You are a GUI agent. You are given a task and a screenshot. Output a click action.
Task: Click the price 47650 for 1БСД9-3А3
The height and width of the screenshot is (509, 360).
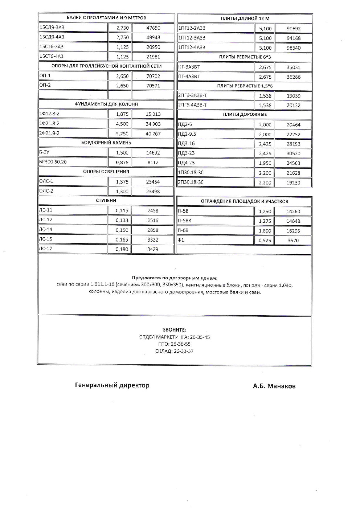[x=153, y=28]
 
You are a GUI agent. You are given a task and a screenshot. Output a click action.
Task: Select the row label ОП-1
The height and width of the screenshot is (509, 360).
[x=45, y=76]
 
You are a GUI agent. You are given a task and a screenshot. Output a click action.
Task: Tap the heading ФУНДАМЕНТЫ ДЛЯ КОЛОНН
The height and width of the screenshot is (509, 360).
[x=106, y=104]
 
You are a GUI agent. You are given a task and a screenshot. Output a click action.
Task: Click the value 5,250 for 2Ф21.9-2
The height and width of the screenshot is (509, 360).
[x=122, y=134]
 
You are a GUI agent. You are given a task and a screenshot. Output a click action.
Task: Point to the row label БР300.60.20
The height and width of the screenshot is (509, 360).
[x=53, y=162]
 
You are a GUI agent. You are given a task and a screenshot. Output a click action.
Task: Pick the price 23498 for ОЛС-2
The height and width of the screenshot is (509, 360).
[x=153, y=192]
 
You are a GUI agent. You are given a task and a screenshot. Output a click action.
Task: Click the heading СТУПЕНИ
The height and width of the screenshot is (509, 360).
[x=106, y=201]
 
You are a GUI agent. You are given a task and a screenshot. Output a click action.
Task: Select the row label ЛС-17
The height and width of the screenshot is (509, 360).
[x=46, y=249]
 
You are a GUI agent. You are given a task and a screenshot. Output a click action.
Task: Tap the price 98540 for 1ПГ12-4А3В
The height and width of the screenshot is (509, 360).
[x=293, y=48]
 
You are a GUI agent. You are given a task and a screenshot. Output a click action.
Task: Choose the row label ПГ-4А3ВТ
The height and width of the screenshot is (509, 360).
[x=189, y=77]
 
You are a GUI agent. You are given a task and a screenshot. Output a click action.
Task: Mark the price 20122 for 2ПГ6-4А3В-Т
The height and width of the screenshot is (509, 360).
[x=293, y=106]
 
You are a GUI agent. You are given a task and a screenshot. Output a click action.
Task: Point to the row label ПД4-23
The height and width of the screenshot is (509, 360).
[x=186, y=163]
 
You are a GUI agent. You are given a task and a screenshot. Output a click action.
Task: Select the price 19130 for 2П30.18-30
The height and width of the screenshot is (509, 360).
[x=293, y=183]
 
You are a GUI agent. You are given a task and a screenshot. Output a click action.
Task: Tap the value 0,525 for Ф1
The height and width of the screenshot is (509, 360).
[x=265, y=241]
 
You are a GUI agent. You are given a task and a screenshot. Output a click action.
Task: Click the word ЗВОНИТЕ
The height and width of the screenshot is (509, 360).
[x=174, y=330]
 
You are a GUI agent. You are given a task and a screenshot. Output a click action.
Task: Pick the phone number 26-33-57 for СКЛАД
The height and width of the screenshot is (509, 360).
[x=184, y=351]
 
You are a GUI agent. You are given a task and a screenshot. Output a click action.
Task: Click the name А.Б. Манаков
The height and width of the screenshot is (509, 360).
[x=274, y=386]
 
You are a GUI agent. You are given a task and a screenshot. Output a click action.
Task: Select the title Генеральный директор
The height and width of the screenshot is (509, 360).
[x=112, y=385]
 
